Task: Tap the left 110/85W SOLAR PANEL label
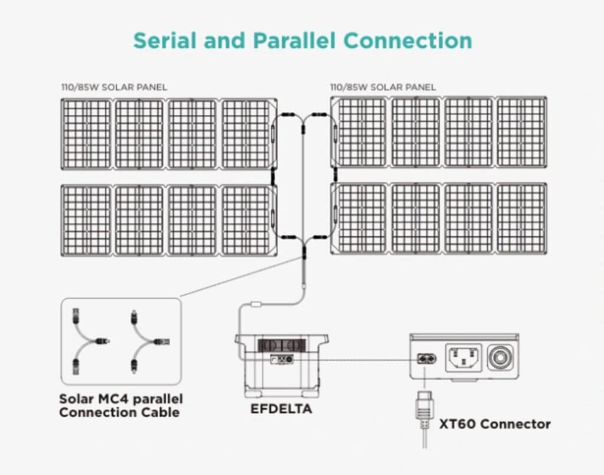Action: coord(114,87)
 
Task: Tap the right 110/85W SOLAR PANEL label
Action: coord(383,87)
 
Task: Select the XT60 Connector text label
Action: coord(494,424)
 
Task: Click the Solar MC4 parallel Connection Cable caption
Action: coord(121,405)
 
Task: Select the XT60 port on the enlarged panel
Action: coord(425,358)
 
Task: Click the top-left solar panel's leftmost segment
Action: coord(86,134)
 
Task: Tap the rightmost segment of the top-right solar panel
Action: coord(521,133)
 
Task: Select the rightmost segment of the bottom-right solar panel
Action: coord(521,219)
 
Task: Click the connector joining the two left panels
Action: coord(274,176)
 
